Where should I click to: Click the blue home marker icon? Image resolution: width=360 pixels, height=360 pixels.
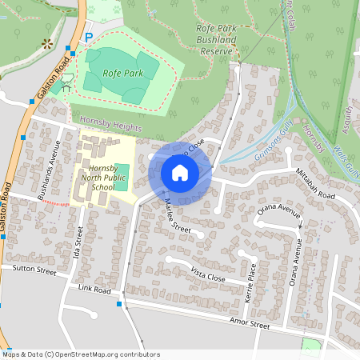(180, 173)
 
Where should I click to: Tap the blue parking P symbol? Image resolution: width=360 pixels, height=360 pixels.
(90, 37)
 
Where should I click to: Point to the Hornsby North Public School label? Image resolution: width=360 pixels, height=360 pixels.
(104, 177)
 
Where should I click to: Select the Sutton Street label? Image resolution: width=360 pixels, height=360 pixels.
(34, 270)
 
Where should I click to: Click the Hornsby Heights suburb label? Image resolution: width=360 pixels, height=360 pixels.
(110, 127)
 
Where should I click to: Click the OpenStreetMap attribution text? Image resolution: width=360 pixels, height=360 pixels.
(81, 354)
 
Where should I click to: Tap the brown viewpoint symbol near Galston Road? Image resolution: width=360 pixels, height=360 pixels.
(47, 41)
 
